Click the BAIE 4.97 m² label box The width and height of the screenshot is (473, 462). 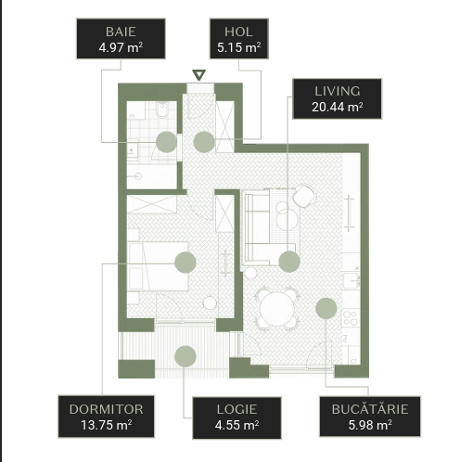(x=121, y=39)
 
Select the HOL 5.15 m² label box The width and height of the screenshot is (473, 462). (x=239, y=39)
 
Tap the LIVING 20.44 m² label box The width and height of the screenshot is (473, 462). (x=338, y=98)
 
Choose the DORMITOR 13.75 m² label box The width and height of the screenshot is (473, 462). (x=106, y=417)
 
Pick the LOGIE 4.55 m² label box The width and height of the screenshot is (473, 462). (x=236, y=417)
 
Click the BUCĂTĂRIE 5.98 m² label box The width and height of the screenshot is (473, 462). (x=370, y=417)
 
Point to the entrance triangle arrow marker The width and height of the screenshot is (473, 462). (x=198, y=75)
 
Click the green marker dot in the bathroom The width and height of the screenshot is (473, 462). (x=166, y=142)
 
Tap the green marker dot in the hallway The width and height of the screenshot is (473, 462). (x=204, y=142)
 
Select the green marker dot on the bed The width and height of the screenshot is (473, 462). (x=185, y=263)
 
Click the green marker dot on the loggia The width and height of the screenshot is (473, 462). (x=185, y=356)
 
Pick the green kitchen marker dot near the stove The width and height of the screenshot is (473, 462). (x=326, y=308)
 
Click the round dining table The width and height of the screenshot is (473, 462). (x=277, y=309)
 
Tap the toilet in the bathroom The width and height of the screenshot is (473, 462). (x=161, y=109)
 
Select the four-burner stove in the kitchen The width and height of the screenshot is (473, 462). (x=351, y=318)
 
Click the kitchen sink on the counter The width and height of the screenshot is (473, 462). (x=352, y=280)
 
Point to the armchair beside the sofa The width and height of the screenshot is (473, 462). (x=304, y=196)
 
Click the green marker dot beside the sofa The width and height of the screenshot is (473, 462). (x=289, y=262)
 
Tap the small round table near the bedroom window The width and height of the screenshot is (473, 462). (x=210, y=302)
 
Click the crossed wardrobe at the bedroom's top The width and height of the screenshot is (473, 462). (x=152, y=204)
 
